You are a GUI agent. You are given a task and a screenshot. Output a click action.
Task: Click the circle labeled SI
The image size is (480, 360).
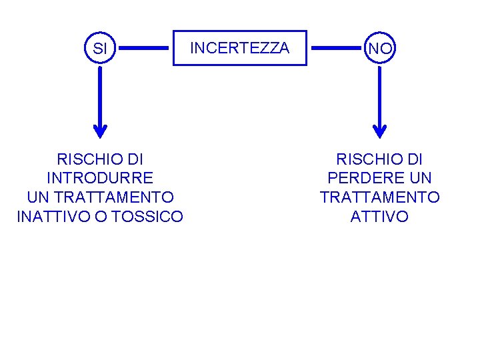(x=100, y=49)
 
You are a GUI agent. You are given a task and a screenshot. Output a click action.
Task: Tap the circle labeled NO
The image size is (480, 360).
(x=380, y=49)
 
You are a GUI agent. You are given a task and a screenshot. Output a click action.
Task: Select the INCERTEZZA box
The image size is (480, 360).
(x=240, y=48)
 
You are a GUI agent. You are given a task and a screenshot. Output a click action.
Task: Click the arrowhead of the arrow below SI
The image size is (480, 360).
(x=100, y=130)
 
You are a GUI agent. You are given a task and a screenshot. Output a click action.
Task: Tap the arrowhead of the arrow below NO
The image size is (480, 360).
(x=380, y=130)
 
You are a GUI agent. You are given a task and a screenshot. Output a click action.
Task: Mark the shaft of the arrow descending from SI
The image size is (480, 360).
(x=100, y=93)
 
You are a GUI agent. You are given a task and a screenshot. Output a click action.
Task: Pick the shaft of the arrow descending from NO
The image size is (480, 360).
(x=380, y=93)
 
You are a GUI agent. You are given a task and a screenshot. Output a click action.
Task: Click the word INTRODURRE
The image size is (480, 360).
(x=100, y=179)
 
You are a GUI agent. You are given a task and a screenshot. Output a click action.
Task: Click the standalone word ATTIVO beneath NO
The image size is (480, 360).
(x=380, y=217)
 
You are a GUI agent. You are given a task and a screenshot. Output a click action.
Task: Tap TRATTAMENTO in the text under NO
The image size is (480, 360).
(x=380, y=197)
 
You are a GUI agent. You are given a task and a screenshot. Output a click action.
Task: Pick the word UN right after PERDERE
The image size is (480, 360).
(x=420, y=179)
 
